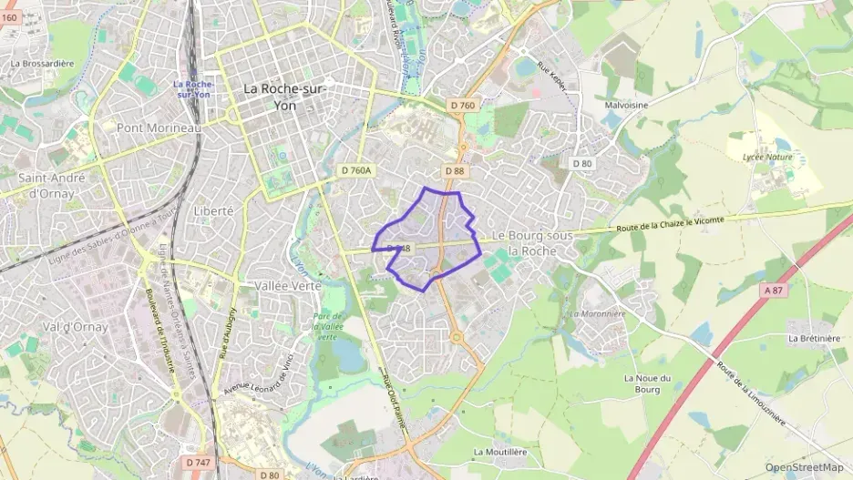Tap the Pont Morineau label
[x=159, y=128]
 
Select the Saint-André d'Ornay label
[x=51, y=185]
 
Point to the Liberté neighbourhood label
[x=213, y=210]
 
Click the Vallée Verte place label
[x=284, y=285]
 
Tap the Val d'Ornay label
[x=75, y=326]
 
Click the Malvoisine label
[x=626, y=105]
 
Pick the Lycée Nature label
[x=767, y=157]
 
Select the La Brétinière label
[x=814, y=338]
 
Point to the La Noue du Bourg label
[x=647, y=384]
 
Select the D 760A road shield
[x=358, y=170]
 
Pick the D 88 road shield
[x=456, y=170]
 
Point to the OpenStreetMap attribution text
[x=805, y=467]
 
